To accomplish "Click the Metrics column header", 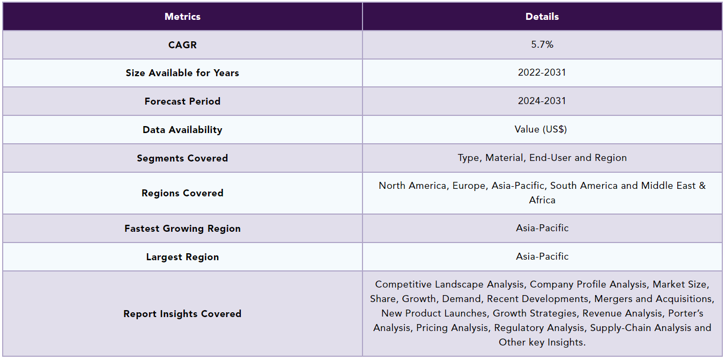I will click(x=182, y=17).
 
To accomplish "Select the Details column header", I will click(x=542, y=17).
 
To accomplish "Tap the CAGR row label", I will click(x=182, y=45).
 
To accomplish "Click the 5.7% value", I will click(x=542, y=45).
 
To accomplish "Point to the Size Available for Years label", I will click(x=182, y=73).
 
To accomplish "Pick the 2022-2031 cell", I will click(x=542, y=72).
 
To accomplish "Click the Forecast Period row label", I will click(x=182, y=101).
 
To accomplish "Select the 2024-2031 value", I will click(x=542, y=101).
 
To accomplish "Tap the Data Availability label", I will click(x=182, y=130).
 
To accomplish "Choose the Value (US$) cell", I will click(x=542, y=129).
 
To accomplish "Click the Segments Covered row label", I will click(x=182, y=158).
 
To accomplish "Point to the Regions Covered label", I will click(x=182, y=193).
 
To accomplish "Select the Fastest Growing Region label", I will click(x=182, y=229).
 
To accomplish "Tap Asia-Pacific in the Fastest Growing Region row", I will click(x=542, y=228).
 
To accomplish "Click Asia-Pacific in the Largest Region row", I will click(x=542, y=256).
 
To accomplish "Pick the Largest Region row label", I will click(x=182, y=257).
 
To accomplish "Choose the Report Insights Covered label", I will click(x=182, y=314).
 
